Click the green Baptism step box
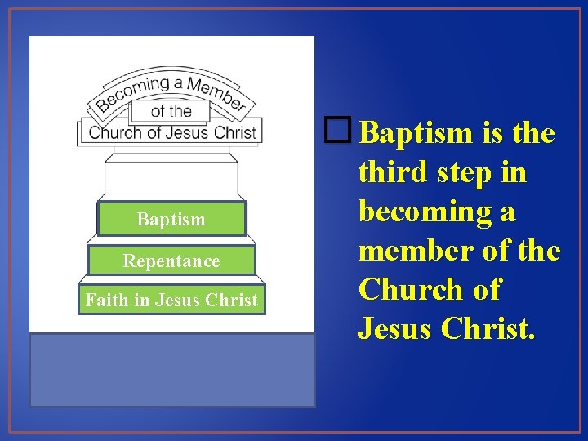click(x=171, y=219)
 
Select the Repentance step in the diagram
click(x=171, y=261)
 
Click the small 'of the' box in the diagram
click(x=171, y=111)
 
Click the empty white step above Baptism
click(x=171, y=177)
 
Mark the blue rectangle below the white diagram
click(x=171, y=369)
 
